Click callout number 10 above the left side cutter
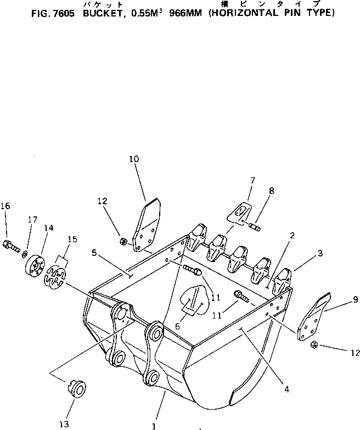tap(134, 159)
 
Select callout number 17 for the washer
tap(32, 220)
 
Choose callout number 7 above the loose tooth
tap(252, 180)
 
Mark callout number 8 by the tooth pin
tap(271, 191)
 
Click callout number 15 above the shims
tap(72, 239)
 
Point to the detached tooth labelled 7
tap(239, 214)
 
